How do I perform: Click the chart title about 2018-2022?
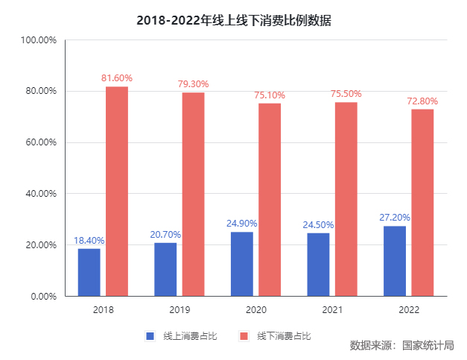point(234,21)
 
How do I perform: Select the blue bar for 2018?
point(89,272)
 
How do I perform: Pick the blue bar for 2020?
point(242,264)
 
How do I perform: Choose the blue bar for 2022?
point(395,261)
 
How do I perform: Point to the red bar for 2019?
point(194,194)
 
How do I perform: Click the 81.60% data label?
point(117,78)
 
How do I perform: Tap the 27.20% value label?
point(395,218)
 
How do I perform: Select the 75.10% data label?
point(270,95)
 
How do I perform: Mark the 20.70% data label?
point(165,235)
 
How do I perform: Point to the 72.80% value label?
point(422,101)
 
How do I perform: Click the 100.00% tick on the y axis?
point(38,40)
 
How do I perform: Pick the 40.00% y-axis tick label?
point(39,194)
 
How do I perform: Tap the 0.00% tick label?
point(42,296)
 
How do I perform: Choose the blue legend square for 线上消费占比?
point(150,336)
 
